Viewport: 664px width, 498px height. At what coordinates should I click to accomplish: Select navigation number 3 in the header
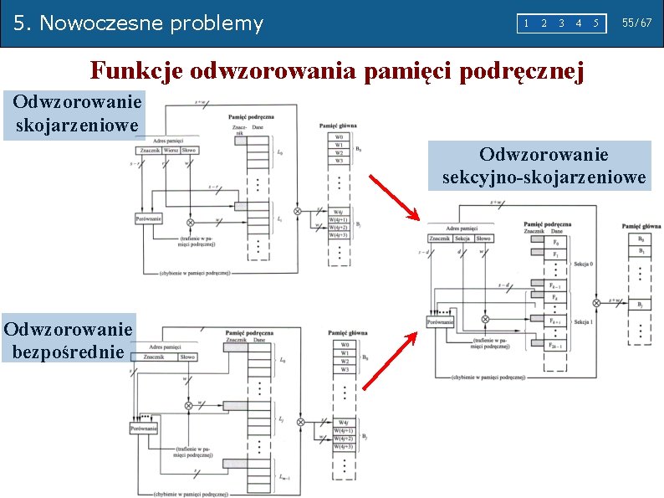(x=561, y=23)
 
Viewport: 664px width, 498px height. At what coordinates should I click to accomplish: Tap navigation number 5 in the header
(x=595, y=23)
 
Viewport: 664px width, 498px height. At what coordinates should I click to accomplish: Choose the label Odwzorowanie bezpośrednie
(x=68, y=339)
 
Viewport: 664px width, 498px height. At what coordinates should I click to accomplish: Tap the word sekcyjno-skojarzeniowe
(x=544, y=177)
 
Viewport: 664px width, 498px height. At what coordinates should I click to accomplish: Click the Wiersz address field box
(x=171, y=150)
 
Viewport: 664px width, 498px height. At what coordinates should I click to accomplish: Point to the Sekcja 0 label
(x=585, y=263)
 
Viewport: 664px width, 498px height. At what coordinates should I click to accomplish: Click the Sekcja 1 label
(x=585, y=321)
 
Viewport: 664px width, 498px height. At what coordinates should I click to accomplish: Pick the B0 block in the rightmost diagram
(x=640, y=239)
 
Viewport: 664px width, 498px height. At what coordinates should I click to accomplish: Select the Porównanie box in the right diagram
(x=441, y=321)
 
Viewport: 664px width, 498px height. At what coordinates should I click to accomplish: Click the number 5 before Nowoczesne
(x=20, y=23)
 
